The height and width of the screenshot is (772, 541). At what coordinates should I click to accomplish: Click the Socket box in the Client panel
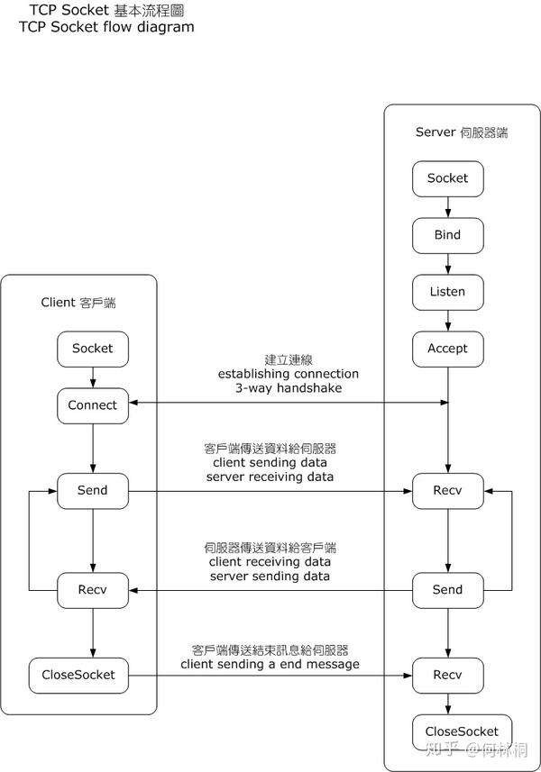pos(93,349)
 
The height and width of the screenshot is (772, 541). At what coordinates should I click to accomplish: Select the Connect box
pos(93,405)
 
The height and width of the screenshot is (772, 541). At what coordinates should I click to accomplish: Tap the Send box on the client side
pos(93,490)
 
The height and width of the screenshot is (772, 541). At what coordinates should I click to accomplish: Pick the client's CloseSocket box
pos(78,674)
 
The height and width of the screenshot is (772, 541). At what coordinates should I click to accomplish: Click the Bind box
pos(448,235)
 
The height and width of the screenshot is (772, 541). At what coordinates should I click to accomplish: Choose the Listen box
pos(448,292)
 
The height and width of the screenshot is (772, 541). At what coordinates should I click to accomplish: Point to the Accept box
pos(448,349)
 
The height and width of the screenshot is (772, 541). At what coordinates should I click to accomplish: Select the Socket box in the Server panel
pos(448,178)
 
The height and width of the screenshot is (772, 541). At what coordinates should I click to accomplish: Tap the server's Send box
pos(448,589)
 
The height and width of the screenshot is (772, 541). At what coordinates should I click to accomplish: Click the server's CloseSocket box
pos(463,731)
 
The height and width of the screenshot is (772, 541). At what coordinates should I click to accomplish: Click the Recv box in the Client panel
pos(93,589)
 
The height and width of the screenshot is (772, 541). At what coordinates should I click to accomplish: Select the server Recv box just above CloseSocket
pos(448,674)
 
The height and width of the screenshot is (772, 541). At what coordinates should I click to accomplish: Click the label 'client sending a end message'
pos(270,664)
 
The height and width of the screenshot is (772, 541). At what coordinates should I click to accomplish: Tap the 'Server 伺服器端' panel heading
pos(462,132)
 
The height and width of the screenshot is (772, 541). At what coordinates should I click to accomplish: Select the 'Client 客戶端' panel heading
pos(78,303)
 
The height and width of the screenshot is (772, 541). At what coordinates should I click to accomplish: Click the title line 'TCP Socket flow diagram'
pos(106,27)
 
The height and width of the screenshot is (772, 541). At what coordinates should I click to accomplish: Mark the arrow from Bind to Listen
pos(448,263)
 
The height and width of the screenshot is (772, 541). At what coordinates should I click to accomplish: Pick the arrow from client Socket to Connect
pos(93,377)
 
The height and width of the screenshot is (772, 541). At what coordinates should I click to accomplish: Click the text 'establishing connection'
pos(288,374)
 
